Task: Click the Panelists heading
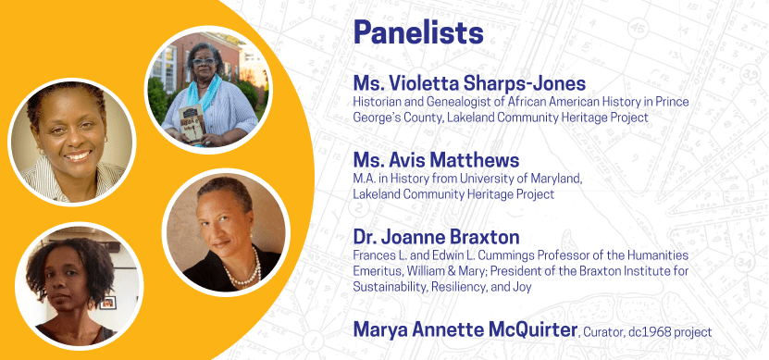418,33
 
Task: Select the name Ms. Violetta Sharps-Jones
469,83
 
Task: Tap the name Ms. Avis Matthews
436,160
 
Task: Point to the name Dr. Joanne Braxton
436,237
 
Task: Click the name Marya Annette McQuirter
465,329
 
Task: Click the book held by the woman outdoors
192,125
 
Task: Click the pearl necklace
244,272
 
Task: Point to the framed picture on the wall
108,303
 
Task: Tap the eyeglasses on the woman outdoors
204,61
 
